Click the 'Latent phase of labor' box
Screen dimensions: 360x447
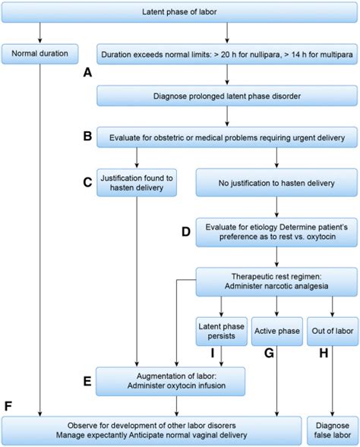[179, 12]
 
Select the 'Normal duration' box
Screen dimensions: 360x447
[40, 54]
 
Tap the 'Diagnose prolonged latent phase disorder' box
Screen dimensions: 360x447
[227, 96]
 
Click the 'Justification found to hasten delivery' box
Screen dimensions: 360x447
[137, 183]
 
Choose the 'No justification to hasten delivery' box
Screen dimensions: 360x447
[276, 183]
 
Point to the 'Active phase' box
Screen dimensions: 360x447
[277, 331]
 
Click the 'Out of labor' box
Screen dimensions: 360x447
[333, 331]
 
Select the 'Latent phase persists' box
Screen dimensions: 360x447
[221, 331]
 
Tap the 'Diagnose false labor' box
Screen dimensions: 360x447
[333, 430]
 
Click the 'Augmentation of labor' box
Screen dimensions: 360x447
[171, 382]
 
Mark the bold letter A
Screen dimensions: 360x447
[87, 72]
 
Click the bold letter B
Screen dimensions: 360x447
[87, 136]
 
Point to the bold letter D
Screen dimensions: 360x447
[186, 231]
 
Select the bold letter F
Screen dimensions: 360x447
[8, 406]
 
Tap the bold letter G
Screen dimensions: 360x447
[269, 353]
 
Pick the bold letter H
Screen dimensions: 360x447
[324, 353]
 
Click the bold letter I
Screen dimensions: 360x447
[213, 353]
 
